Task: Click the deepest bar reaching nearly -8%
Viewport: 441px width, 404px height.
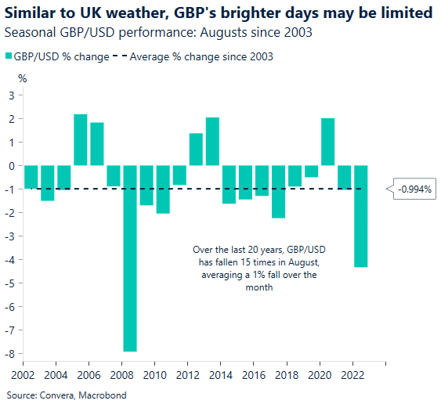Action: point(130,258)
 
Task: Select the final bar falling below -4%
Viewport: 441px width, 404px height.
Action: point(360,216)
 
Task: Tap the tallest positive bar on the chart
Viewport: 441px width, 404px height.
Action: point(80,140)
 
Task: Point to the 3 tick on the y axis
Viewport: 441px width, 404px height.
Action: point(11,96)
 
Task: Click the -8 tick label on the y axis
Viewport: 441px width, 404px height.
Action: point(9,354)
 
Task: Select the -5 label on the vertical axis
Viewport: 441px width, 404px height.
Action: point(9,283)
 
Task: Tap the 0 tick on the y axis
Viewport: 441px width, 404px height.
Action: point(11,166)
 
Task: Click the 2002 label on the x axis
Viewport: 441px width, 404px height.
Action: point(23,366)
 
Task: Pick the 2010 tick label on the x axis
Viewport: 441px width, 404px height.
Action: point(154,366)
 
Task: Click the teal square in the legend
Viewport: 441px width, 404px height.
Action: point(9,56)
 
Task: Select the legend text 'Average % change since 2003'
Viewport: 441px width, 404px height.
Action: point(201,56)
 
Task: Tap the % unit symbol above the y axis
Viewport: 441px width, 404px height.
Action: point(22,78)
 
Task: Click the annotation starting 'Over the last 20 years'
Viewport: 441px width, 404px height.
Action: point(255,269)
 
